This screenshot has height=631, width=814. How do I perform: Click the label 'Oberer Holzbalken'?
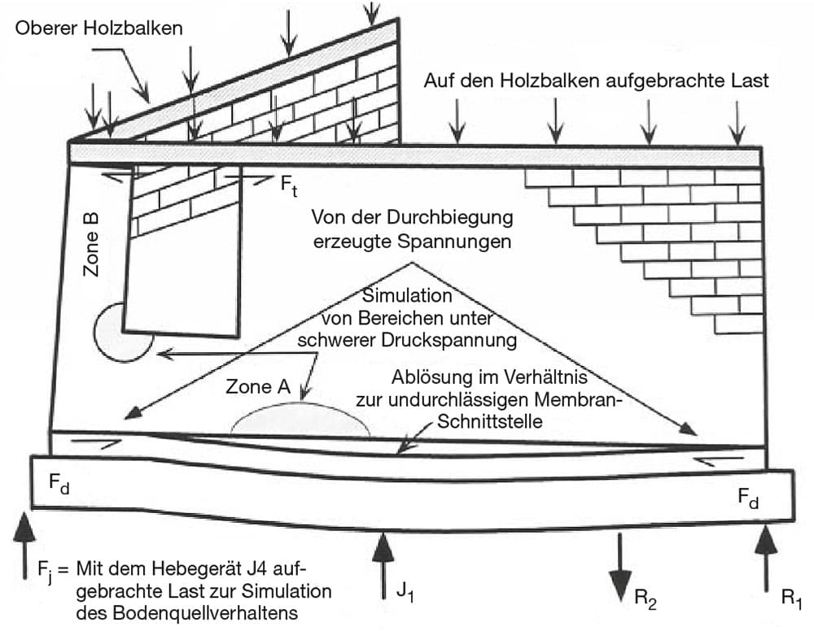click(98, 28)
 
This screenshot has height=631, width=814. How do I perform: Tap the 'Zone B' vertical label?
click(91, 244)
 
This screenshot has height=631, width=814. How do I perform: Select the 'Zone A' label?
click(258, 386)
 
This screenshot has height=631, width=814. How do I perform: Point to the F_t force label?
click(289, 185)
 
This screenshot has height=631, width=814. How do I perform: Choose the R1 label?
click(792, 598)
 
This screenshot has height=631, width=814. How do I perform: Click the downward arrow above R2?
click(619, 568)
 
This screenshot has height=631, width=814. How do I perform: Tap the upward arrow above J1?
click(383, 565)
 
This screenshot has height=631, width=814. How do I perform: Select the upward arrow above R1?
click(766, 559)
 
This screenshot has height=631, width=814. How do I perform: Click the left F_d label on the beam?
click(59, 483)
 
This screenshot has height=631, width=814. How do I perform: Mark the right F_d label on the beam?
click(748, 498)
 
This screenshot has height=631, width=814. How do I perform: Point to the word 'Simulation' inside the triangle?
click(407, 295)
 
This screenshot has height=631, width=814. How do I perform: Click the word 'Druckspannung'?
click(449, 341)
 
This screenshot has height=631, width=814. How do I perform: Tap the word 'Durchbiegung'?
click(449, 218)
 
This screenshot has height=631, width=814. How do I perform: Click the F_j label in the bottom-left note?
click(46, 572)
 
